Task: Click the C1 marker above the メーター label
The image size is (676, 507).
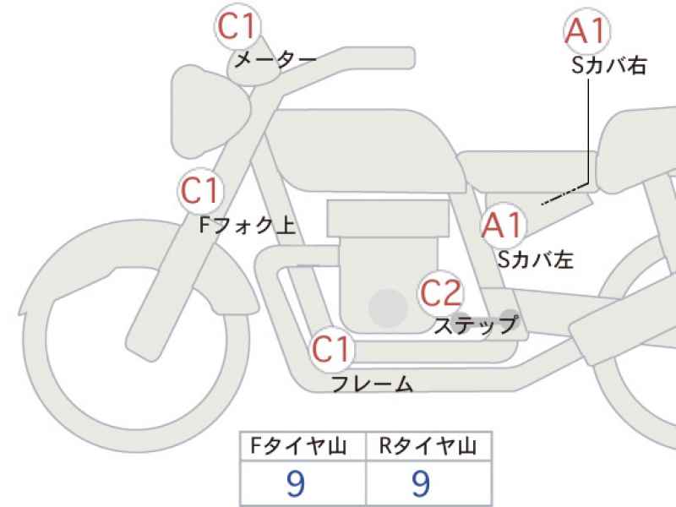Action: (238, 26)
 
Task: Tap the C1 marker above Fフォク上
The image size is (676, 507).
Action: (200, 190)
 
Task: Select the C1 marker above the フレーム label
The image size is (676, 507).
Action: (331, 349)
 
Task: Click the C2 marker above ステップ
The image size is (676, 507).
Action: (440, 292)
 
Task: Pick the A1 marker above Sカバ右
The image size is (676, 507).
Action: (587, 31)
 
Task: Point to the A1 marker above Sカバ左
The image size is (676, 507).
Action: (504, 225)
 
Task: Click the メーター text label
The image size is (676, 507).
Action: (275, 59)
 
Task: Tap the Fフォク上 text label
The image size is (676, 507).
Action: (248, 225)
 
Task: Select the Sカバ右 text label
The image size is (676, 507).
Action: (608, 66)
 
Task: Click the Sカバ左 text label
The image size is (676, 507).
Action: (536, 259)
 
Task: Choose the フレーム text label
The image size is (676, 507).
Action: (372, 384)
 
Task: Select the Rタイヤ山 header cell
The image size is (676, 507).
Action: (428, 446)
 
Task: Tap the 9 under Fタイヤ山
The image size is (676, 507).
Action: (296, 483)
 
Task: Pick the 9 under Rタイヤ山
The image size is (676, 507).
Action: (421, 483)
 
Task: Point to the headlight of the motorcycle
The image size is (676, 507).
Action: (210, 112)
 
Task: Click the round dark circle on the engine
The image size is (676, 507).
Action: (389, 308)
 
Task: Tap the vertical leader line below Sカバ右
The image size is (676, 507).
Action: (589, 132)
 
